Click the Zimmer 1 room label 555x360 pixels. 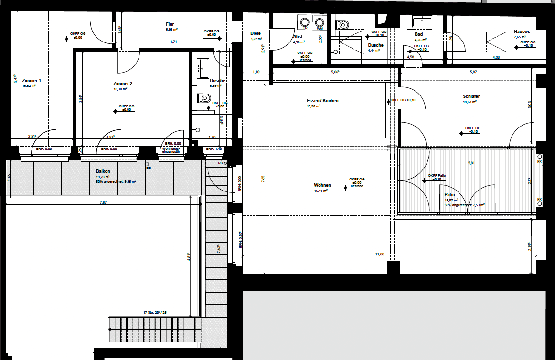point(32,81)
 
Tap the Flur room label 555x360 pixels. point(170,24)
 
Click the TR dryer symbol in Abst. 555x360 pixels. point(304,22)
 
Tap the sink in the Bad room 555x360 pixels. point(422,21)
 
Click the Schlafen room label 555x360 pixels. point(471,96)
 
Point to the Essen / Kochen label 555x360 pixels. point(322,101)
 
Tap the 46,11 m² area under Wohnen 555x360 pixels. point(320,191)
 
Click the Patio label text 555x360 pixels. point(449,195)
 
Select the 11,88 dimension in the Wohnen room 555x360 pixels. point(379,254)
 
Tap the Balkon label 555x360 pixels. point(103,171)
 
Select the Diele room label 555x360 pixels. point(256,33)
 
